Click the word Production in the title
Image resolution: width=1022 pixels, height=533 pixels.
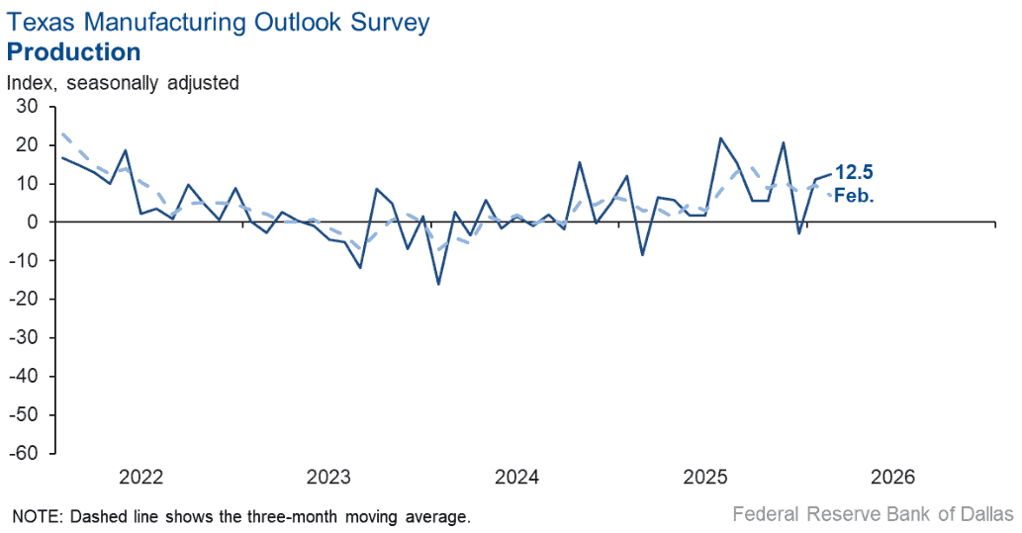coord(73,52)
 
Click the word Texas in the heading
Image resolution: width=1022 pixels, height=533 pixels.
coord(42,22)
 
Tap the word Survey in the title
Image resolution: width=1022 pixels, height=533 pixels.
coord(391,23)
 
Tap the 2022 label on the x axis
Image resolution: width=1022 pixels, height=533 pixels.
coord(140,477)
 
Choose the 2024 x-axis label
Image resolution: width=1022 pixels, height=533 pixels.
coord(516,477)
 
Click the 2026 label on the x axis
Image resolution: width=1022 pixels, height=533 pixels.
coord(893,477)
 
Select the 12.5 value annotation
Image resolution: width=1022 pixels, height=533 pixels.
coord(854,173)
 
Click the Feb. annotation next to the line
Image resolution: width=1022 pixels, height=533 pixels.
coord(854,195)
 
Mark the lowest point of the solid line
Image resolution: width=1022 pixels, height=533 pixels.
coord(438,284)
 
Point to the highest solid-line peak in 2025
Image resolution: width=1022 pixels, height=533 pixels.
coord(720,138)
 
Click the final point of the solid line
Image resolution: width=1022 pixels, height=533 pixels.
coord(831,174)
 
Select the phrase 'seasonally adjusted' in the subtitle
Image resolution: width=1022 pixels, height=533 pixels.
coord(153,83)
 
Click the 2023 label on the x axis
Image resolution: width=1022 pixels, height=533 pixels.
coord(329,477)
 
